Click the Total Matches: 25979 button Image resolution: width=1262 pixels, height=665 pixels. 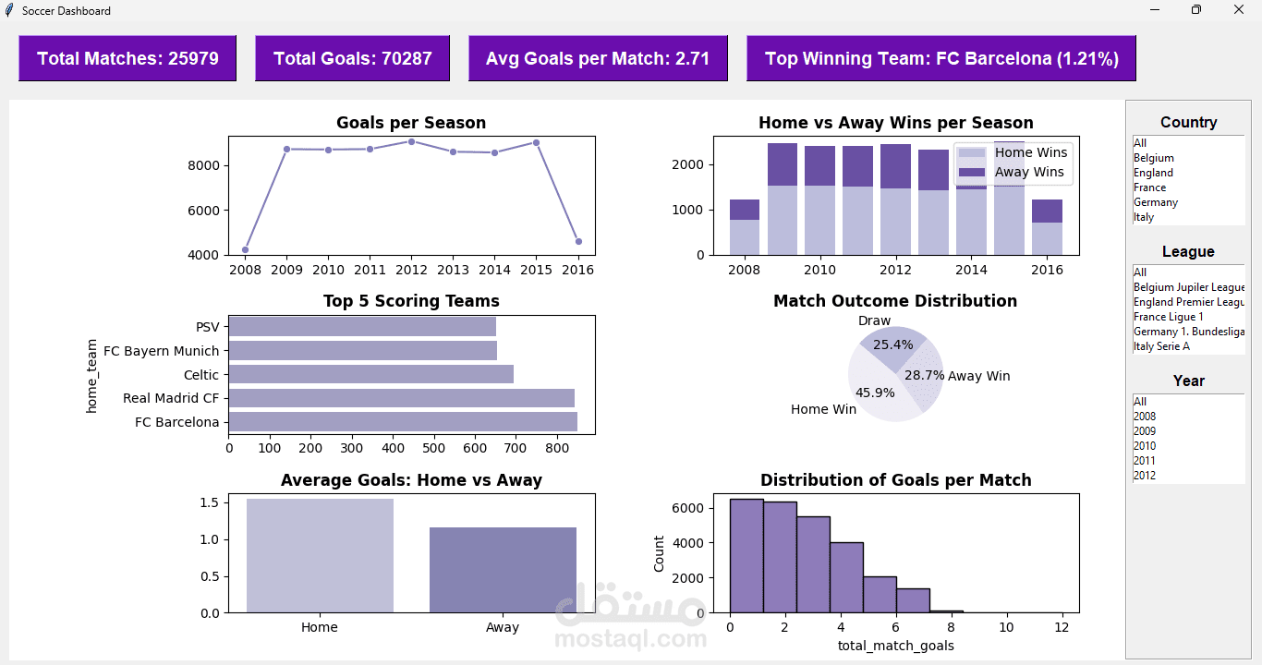point(127,58)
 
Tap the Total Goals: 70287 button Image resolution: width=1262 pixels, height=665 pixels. point(352,58)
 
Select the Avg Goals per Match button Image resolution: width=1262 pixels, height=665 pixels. point(598,58)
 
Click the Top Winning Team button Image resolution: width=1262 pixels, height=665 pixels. point(941,58)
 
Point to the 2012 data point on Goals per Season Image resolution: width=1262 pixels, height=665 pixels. point(411,141)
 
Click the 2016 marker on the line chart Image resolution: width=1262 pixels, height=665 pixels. point(578,241)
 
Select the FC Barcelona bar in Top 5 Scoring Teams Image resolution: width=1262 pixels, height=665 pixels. point(403,422)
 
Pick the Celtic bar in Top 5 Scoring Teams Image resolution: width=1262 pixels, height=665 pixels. point(370,374)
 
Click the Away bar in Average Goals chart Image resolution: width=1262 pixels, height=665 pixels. point(503,569)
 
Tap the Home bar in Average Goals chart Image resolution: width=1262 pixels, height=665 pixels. point(320,555)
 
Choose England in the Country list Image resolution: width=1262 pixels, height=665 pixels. point(1154,173)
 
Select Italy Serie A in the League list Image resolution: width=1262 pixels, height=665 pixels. point(1161,346)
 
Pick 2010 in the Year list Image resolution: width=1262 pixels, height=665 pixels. point(1145,446)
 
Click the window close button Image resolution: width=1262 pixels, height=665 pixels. point(1239,10)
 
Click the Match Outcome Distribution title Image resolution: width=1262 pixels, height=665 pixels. point(895,301)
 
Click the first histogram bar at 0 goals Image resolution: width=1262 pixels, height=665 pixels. point(746,555)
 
